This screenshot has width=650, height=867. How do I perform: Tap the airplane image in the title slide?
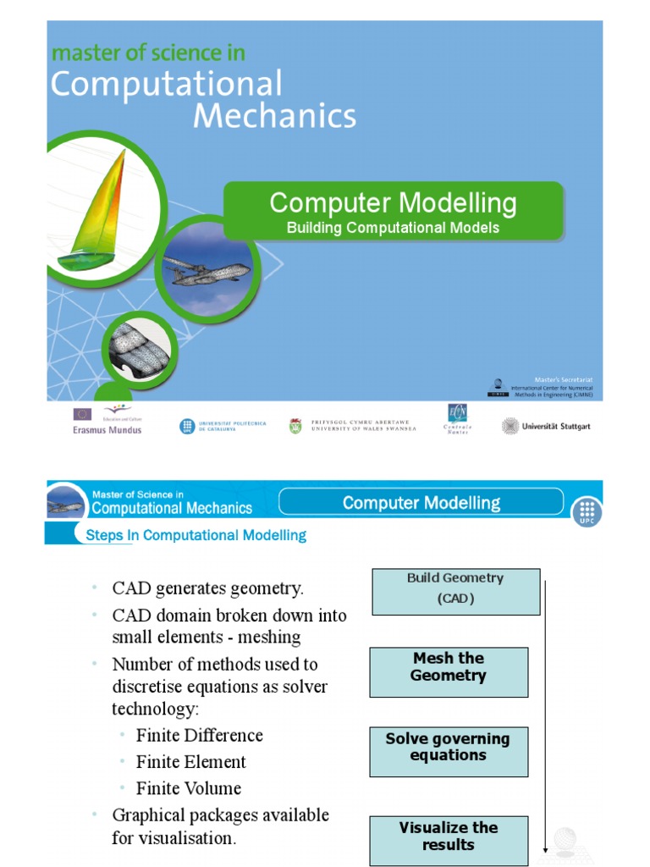pyautogui.click(x=206, y=272)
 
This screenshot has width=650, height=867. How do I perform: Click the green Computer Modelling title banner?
pyautogui.click(x=393, y=211)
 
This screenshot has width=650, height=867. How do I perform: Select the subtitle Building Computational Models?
pyautogui.click(x=393, y=228)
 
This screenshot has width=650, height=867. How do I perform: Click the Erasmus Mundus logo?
pyautogui.click(x=106, y=420)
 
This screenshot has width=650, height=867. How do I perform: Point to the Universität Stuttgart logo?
pyautogui.click(x=546, y=426)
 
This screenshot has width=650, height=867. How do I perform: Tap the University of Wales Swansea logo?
pyautogui.click(x=354, y=425)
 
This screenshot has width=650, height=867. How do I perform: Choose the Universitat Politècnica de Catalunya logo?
pyautogui.click(x=223, y=426)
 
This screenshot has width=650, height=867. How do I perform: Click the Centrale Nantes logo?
pyautogui.click(x=459, y=418)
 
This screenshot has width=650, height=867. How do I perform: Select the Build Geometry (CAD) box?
pyautogui.click(x=455, y=591)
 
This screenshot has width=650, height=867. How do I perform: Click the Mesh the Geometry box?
pyautogui.click(x=448, y=672)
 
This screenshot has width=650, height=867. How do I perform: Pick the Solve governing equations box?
pyautogui.click(x=448, y=751)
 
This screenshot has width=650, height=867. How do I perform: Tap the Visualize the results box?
pyautogui.click(x=448, y=840)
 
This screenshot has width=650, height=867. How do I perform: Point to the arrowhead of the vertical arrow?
pyautogui.click(x=546, y=849)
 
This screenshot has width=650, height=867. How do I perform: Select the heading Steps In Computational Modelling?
pyautogui.click(x=196, y=535)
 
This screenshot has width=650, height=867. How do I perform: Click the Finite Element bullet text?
pyautogui.click(x=191, y=762)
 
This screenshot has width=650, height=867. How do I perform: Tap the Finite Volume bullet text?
pyautogui.click(x=189, y=788)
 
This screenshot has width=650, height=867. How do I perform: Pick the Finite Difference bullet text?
pyautogui.click(x=200, y=735)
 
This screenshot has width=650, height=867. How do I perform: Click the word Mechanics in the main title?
pyautogui.click(x=275, y=116)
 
